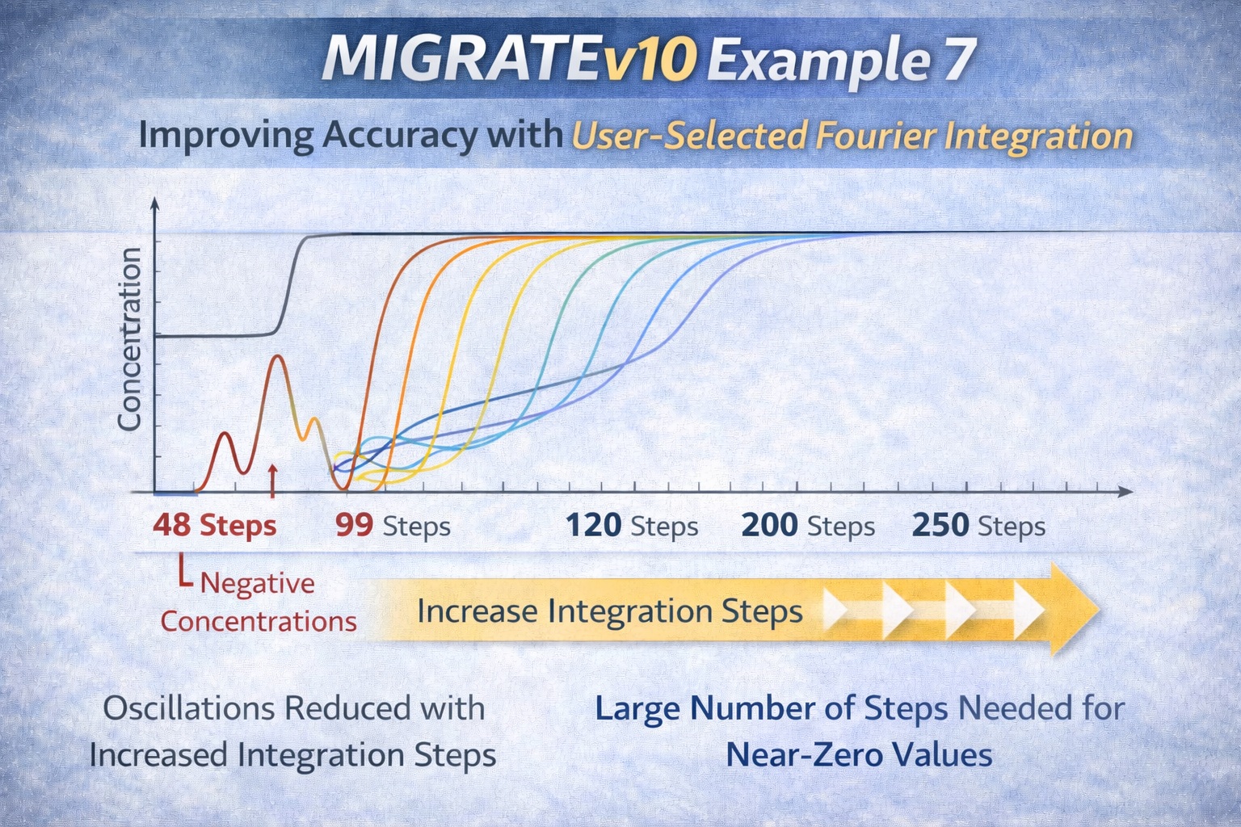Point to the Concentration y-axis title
130,339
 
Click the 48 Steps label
214,526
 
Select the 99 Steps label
393,526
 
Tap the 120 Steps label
631,526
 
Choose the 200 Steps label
807,526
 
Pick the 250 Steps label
978,526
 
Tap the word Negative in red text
257,582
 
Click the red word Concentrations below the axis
259,621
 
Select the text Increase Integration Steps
610,611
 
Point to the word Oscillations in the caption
190,708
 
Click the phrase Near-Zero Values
859,754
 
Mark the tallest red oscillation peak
278,356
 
